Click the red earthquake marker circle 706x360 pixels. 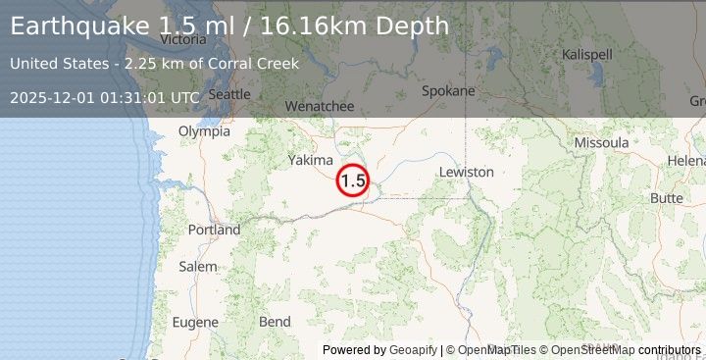(x=353, y=180)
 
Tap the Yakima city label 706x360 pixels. (x=311, y=160)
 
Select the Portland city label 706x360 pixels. (x=214, y=230)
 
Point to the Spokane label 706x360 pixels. (x=448, y=91)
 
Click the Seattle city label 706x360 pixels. (x=230, y=94)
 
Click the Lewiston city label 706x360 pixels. (x=467, y=172)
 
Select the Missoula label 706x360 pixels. (x=601, y=142)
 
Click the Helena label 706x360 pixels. (x=686, y=160)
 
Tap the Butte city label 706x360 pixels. (x=667, y=197)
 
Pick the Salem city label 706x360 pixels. (x=198, y=266)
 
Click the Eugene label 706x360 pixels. (x=195, y=321)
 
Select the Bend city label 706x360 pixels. (x=275, y=321)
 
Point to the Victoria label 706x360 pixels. (x=183, y=40)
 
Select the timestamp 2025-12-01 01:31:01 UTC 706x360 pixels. (x=105, y=97)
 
